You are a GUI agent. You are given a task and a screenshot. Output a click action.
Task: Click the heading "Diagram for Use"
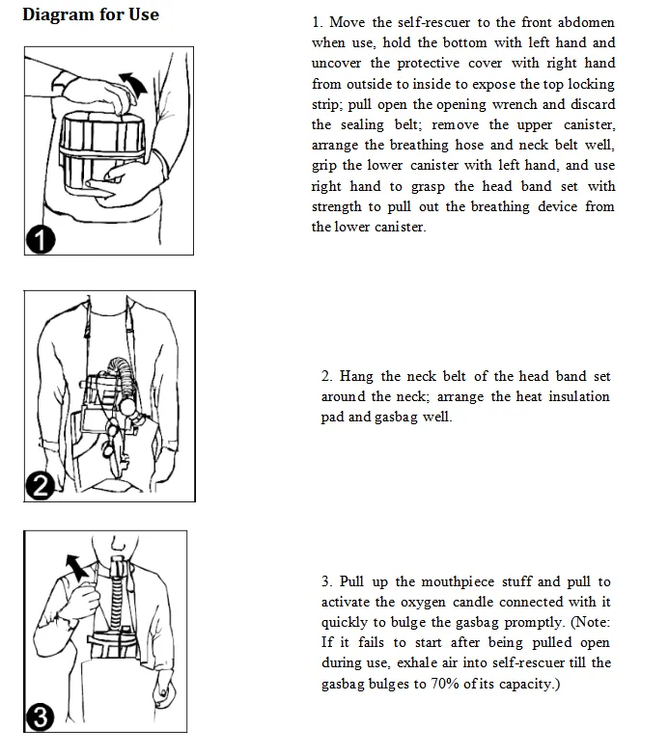(x=91, y=14)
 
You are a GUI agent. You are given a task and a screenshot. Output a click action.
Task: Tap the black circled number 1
(x=41, y=240)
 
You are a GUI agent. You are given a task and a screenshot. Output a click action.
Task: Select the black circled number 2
(x=40, y=486)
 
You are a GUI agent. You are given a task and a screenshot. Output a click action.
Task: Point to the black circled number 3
(x=40, y=717)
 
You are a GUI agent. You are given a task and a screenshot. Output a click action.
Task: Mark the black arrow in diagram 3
(x=77, y=567)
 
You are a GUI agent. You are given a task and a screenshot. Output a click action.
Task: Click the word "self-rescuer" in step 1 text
(x=433, y=22)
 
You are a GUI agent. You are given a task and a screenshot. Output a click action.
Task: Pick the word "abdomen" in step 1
(x=586, y=22)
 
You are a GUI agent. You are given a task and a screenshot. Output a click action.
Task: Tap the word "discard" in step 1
(x=593, y=104)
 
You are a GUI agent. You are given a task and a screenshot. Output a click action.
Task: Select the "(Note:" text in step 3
(x=591, y=622)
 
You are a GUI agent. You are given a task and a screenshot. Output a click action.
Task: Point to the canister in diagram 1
(x=101, y=151)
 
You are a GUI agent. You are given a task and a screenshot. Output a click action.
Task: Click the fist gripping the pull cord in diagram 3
(x=85, y=599)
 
